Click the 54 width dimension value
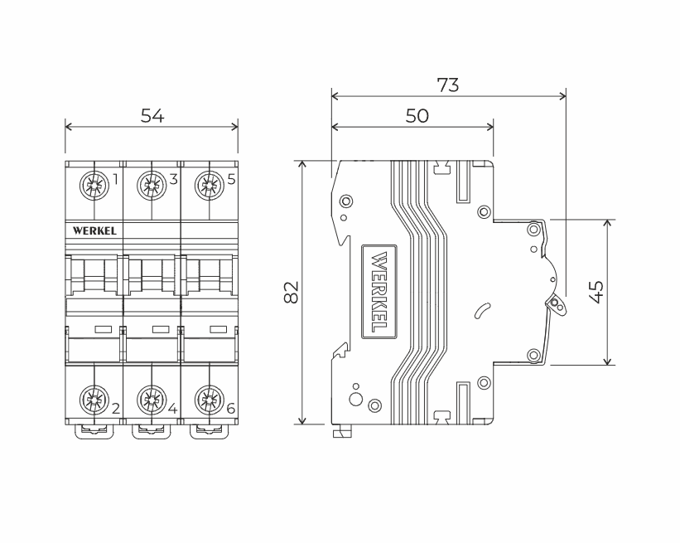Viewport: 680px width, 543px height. (152, 116)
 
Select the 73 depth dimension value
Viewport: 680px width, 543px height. (447, 85)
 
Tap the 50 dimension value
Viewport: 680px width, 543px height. (417, 116)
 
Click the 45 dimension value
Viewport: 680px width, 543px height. (595, 292)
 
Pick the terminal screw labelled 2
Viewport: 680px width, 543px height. (93, 402)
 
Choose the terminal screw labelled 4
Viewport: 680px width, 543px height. (151, 402)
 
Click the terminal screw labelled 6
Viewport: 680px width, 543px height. (209, 402)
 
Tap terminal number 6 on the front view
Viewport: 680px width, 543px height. (230, 409)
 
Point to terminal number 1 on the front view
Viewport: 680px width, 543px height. (115, 178)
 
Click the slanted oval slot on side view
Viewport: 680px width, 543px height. (481, 311)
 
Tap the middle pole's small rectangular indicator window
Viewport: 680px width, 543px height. (161, 330)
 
